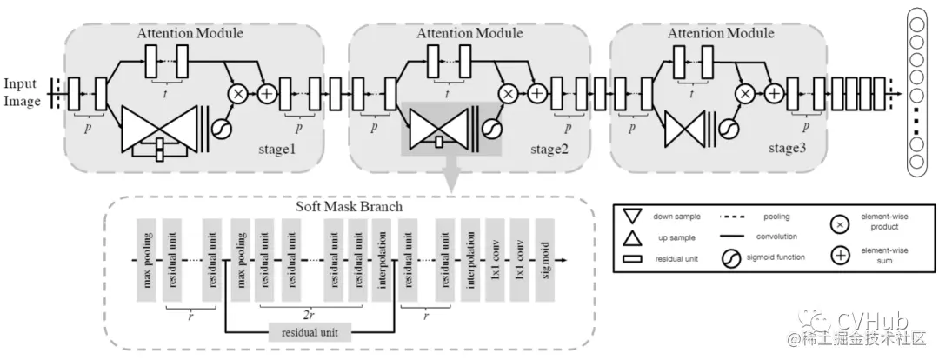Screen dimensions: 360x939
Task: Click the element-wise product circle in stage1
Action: click(x=236, y=90)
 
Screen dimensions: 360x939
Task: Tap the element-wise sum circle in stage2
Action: click(x=538, y=90)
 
